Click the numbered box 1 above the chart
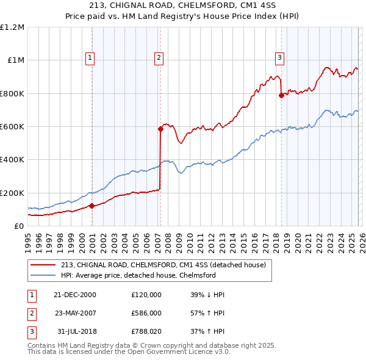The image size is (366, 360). click(x=90, y=58)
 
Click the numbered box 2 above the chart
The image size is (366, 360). click(x=159, y=58)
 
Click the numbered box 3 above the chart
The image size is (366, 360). click(x=279, y=58)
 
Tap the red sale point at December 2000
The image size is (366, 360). click(x=92, y=206)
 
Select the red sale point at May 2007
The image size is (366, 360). click(x=160, y=129)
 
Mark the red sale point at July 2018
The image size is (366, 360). click(x=281, y=95)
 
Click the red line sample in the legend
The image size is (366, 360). click(x=43, y=265)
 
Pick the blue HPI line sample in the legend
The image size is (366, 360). click(x=43, y=275)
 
